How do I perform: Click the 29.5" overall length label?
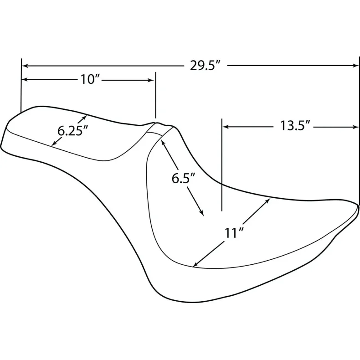(205, 66)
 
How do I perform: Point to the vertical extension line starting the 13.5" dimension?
(221, 164)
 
